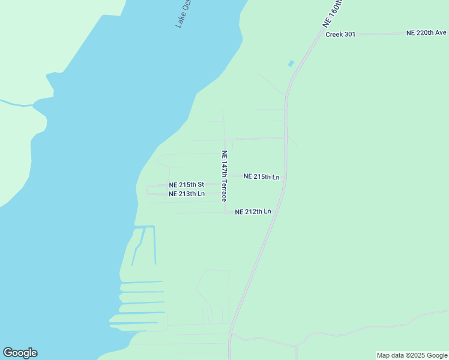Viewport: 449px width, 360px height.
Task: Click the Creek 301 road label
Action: click(x=340, y=34)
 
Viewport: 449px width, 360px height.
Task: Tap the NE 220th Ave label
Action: click(x=426, y=32)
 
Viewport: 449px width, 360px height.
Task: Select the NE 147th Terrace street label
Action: click(x=224, y=176)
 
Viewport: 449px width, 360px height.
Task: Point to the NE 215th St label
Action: click(x=187, y=185)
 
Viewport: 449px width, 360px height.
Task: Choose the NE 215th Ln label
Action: click(x=262, y=177)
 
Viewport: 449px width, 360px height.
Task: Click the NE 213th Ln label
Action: click(x=187, y=194)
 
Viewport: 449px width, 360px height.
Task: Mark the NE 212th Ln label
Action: click(x=253, y=212)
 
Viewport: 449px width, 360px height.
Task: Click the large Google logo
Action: click(x=20, y=353)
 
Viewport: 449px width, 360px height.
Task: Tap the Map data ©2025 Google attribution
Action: click(x=412, y=355)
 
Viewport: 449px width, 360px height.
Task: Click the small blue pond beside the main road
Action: click(x=291, y=63)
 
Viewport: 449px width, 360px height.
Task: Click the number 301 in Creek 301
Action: click(x=349, y=34)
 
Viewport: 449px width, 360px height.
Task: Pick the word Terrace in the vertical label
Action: click(x=224, y=187)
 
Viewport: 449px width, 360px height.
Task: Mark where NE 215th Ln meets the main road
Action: click(x=285, y=176)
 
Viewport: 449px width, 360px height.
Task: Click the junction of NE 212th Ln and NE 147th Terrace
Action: click(x=225, y=212)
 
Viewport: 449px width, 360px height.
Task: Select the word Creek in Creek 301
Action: click(x=334, y=34)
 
